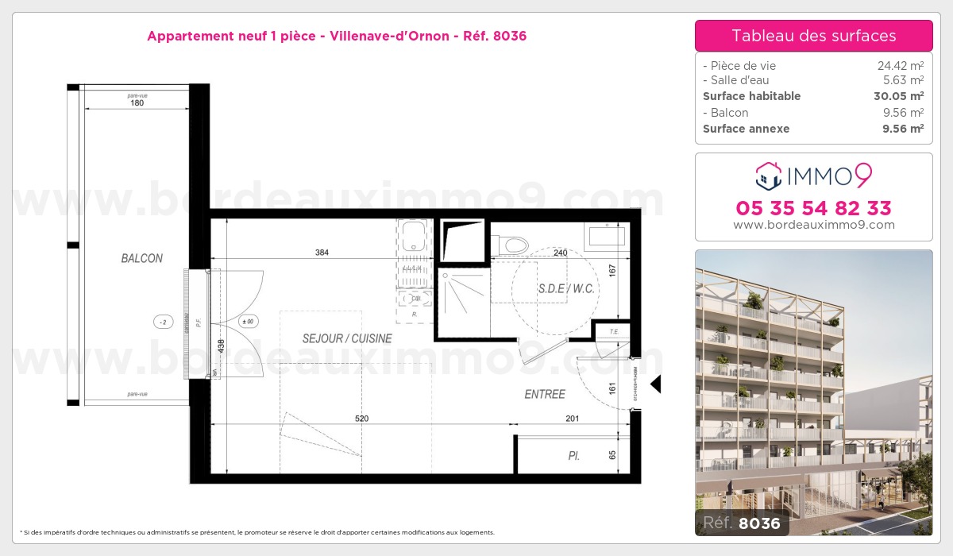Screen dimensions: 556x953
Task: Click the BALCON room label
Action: (142, 258)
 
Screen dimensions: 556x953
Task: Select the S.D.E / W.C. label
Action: (566, 288)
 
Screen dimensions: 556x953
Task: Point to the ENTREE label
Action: (545, 394)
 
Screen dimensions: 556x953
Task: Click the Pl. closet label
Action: (573, 457)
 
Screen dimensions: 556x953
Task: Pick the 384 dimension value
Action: (322, 253)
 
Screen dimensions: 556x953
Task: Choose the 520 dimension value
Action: (362, 419)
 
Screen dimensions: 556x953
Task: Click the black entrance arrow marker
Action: (656, 384)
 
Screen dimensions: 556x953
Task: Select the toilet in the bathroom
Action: (512, 244)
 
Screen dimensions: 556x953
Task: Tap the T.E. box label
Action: (614, 331)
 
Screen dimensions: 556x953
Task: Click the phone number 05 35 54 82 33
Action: (813, 208)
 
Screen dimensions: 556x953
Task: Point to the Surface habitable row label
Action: (751, 96)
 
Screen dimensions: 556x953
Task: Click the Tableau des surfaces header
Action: (813, 36)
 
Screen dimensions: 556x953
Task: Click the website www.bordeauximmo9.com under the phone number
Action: (813, 225)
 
